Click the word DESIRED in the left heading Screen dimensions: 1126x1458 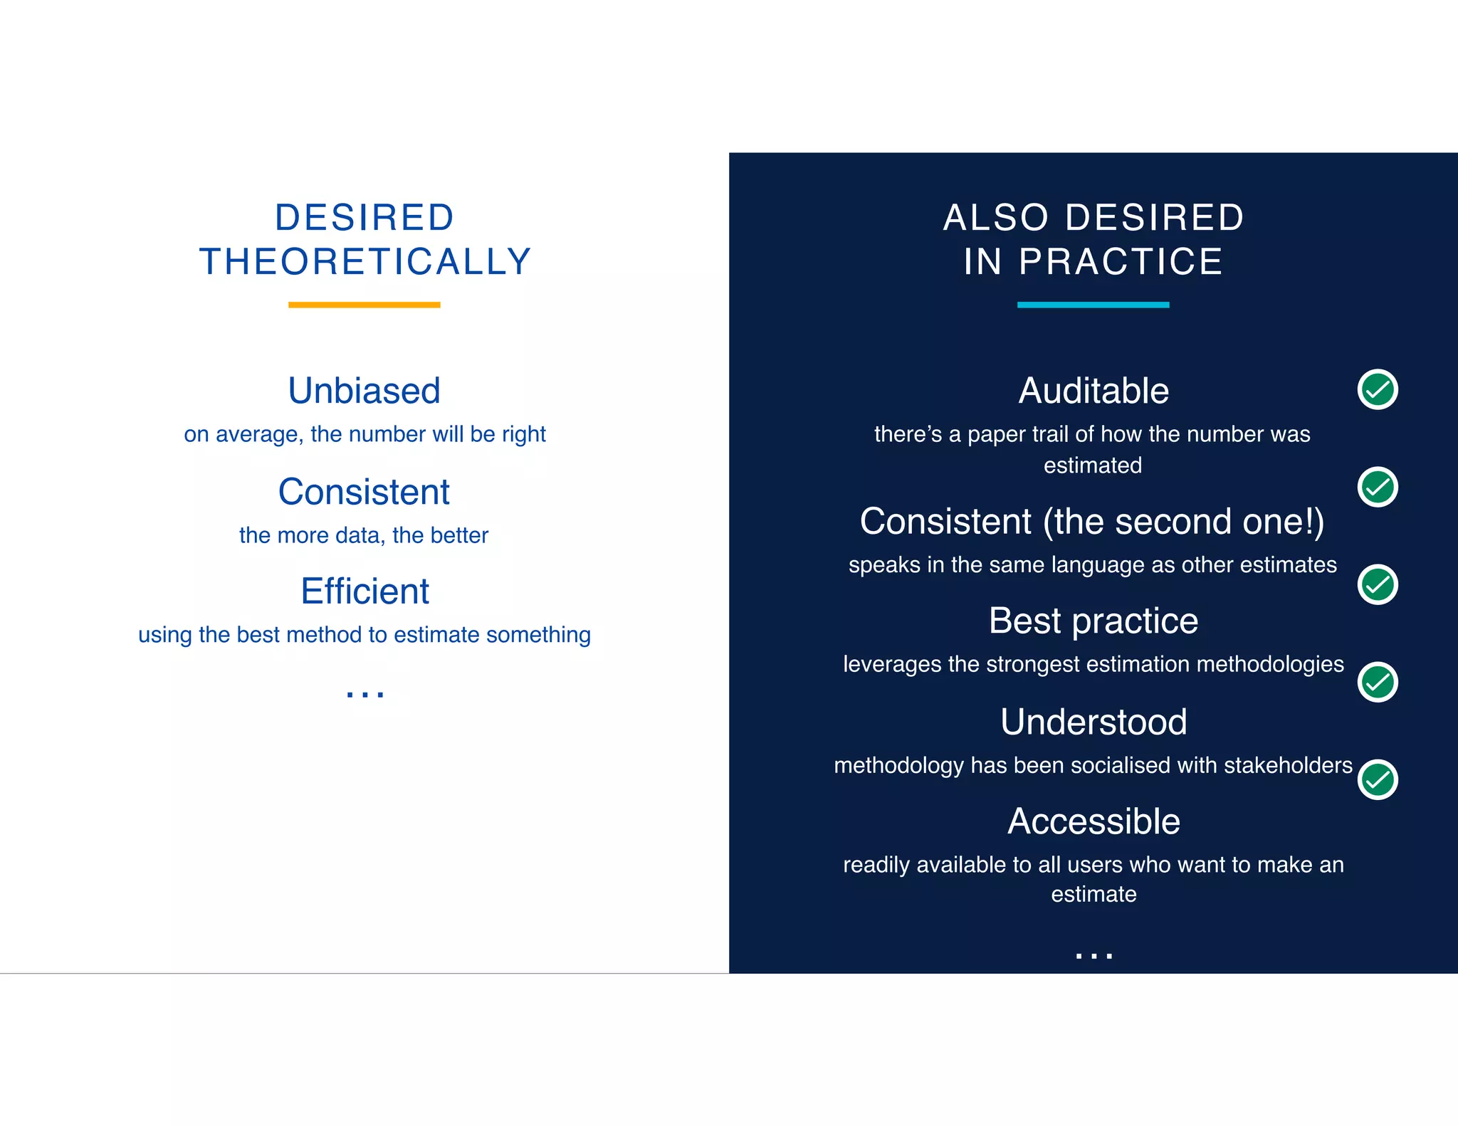(x=364, y=218)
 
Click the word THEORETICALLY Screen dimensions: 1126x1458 (x=365, y=262)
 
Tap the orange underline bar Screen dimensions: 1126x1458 (x=364, y=305)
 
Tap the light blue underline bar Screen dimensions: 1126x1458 (x=1093, y=305)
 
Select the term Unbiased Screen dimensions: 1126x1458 (x=364, y=391)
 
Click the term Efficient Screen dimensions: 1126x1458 (x=364, y=591)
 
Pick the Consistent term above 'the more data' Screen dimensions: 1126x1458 (x=364, y=492)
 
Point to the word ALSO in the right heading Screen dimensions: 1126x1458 (x=995, y=218)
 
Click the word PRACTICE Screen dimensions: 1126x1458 (x=1121, y=262)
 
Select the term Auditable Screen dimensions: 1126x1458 (x=1093, y=391)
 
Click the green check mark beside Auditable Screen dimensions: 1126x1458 (x=1378, y=389)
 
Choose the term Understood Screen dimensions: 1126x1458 (x=1093, y=722)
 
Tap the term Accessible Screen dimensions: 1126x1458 (x=1093, y=821)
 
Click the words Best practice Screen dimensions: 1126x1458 (x=1093, y=621)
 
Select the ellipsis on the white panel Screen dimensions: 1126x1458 (x=364, y=693)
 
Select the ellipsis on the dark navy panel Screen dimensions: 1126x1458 (x=1093, y=955)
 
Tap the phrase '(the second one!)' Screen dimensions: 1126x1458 (x=1183, y=522)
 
